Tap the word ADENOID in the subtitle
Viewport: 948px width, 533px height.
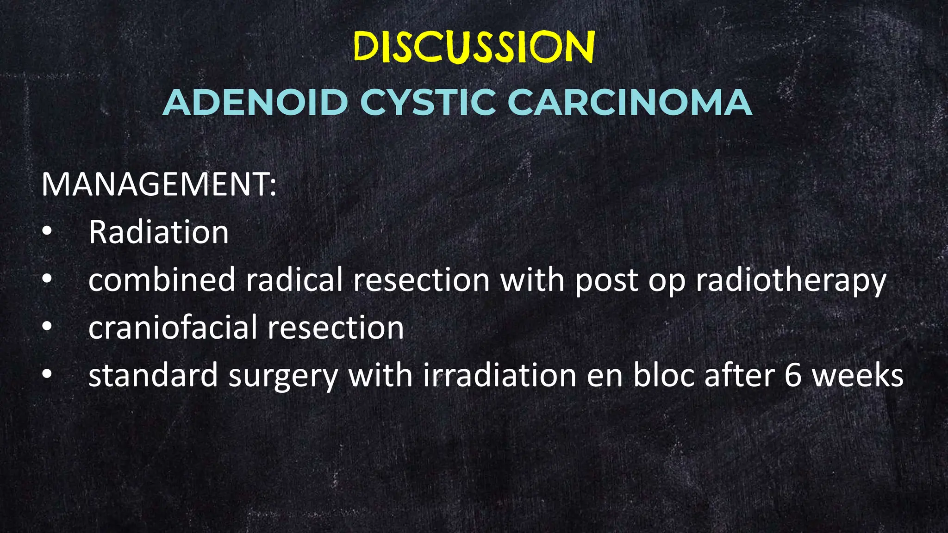pos(255,102)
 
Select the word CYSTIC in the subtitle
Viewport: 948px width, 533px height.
pos(428,102)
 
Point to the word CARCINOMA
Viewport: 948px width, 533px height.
pos(630,102)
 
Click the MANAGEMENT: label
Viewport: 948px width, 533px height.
pos(159,184)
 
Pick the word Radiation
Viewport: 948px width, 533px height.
pos(158,232)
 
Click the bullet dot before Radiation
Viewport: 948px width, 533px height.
pos(47,231)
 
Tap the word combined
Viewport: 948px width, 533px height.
pos(162,280)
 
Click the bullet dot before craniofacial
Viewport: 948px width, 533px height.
pos(47,327)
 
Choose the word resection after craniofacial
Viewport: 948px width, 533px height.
pos(336,328)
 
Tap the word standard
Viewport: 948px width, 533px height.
pos(153,375)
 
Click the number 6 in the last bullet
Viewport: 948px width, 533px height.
pos(792,375)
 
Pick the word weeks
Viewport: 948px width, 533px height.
pos(857,375)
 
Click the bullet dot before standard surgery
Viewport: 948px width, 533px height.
pos(47,374)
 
